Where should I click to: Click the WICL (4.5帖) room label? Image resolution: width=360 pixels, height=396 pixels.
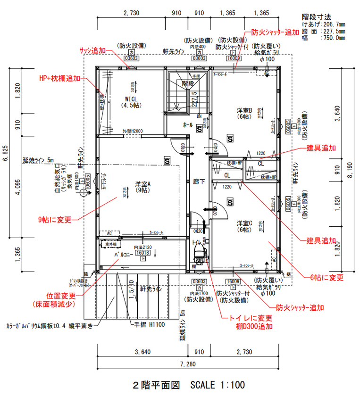(x=131, y=102)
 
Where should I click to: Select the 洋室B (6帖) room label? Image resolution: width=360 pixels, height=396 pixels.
(x=244, y=113)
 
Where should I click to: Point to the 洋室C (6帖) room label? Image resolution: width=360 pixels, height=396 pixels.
(x=244, y=226)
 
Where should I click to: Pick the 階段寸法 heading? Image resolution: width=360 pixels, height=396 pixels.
(x=316, y=16)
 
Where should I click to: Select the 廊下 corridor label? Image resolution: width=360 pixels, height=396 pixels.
(x=199, y=181)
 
